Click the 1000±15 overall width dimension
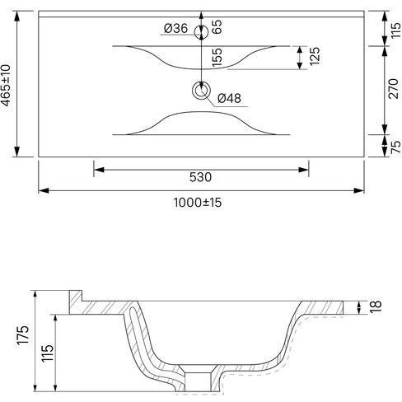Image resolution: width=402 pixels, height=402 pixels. (198, 203)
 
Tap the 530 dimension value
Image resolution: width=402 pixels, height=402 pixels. (200, 177)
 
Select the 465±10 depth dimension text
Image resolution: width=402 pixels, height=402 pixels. (6, 85)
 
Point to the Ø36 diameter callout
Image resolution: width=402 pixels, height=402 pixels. (175, 28)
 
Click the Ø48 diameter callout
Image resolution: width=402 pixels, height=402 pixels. (229, 98)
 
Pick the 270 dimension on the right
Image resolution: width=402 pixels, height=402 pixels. (393, 88)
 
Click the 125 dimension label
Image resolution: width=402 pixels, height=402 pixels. (315, 56)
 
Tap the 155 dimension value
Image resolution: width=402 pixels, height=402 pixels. (217, 57)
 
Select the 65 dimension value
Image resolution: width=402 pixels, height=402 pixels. (217, 26)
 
